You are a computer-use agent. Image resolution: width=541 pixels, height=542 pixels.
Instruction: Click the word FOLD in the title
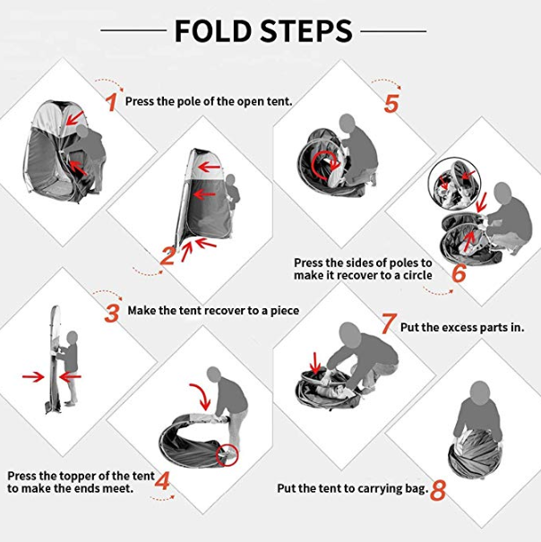[x=213, y=31]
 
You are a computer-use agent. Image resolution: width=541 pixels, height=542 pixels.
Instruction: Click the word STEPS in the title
[x=306, y=31]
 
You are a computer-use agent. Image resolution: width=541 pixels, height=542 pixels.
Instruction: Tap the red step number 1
[x=112, y=102]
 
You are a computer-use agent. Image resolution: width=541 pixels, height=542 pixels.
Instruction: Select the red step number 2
[x=168, y=256]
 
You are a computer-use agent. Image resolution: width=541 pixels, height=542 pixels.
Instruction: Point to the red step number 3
[x=112, y=314]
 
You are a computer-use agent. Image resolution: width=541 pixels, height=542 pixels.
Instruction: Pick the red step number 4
[x=162, y=481]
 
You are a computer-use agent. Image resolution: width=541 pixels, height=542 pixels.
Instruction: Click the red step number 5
[x=391, y=103]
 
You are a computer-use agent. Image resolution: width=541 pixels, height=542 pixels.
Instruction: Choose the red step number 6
[x=459, y=273]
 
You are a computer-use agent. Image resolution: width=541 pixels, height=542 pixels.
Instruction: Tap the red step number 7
[x=388, y=323]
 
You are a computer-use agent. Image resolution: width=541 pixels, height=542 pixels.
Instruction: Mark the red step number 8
[x=438, y=491]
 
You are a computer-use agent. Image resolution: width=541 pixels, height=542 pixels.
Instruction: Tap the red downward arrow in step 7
[x=315, y=364]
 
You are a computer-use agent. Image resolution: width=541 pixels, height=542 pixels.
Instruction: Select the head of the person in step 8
[x=480, y=392]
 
